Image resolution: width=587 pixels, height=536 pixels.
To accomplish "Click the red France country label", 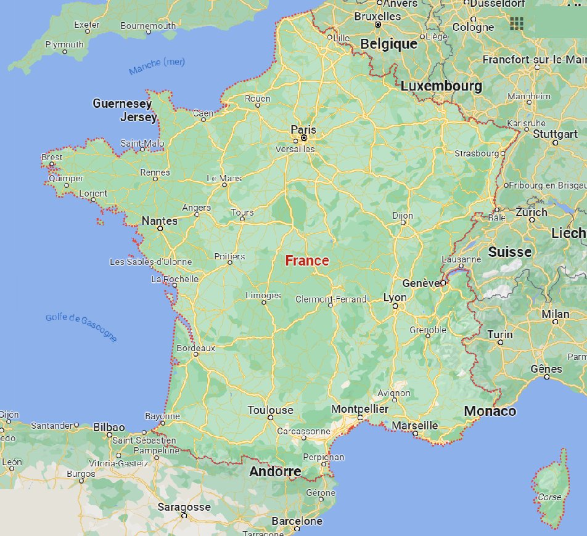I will pyautogui.click(x=307, y=261).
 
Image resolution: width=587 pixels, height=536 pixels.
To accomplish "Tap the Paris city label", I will pyautogui.click(x=303, y=129).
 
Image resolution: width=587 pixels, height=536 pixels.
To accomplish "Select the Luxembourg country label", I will pyautogui.click(x=441, y=86).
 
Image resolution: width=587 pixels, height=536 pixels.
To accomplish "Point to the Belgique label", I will pyautogui.click(x=388, y=44).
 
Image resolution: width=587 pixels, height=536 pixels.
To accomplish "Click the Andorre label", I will pyautogui.click(x=275, y=472).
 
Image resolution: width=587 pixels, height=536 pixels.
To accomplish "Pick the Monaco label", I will pyautogui.click(x=490, y=411).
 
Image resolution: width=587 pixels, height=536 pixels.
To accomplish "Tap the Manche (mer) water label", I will pyautogui.click(x=157, y=66).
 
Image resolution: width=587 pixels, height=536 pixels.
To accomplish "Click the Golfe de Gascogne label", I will pyautogui.click(x=81, y=327).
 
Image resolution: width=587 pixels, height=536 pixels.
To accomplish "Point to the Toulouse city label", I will pyautogui.click(x=271, y=410).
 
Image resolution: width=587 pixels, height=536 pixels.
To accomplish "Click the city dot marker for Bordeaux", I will pyautogui.click(x=196, y=354).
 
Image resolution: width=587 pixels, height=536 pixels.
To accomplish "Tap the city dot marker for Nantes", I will pyautogui.click(x=160, y=228).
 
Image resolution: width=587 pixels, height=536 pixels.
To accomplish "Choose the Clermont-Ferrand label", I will pyautogui.click(x=330, y=299).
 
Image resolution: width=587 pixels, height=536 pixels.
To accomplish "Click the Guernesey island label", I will pyautogui.click(x=122, y=104).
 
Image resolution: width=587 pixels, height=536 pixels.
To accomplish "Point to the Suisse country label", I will pyautogui.click(x=509, y=252).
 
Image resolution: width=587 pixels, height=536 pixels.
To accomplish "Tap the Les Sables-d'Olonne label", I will pyautogui.click(x=150, y=262).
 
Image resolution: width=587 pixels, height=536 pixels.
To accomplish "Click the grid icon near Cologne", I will pyautogui.click(x=517, y=23).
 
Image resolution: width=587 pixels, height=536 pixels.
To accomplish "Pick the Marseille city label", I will pyautogui.click(x=414, y=425).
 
